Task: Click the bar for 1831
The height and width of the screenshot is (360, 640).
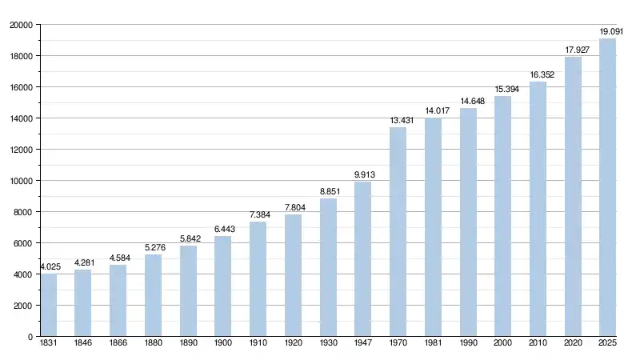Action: tap(49, 306)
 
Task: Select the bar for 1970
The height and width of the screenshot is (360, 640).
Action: tap(398, 232)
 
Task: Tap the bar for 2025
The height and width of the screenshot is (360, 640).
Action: tap(608, 188)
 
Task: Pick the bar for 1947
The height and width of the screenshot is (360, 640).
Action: tap(363, 259)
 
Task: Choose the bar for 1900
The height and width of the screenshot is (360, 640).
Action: tap(223, 286)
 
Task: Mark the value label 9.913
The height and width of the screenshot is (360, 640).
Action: tap(365, 175)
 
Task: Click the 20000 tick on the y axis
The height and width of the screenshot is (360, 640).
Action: tap(21, 25)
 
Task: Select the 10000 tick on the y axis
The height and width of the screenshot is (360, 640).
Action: tap(21, 181)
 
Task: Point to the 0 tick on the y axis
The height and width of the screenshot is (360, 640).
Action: tap(30, 337)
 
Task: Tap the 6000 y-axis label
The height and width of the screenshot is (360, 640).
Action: tap(23, 243)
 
